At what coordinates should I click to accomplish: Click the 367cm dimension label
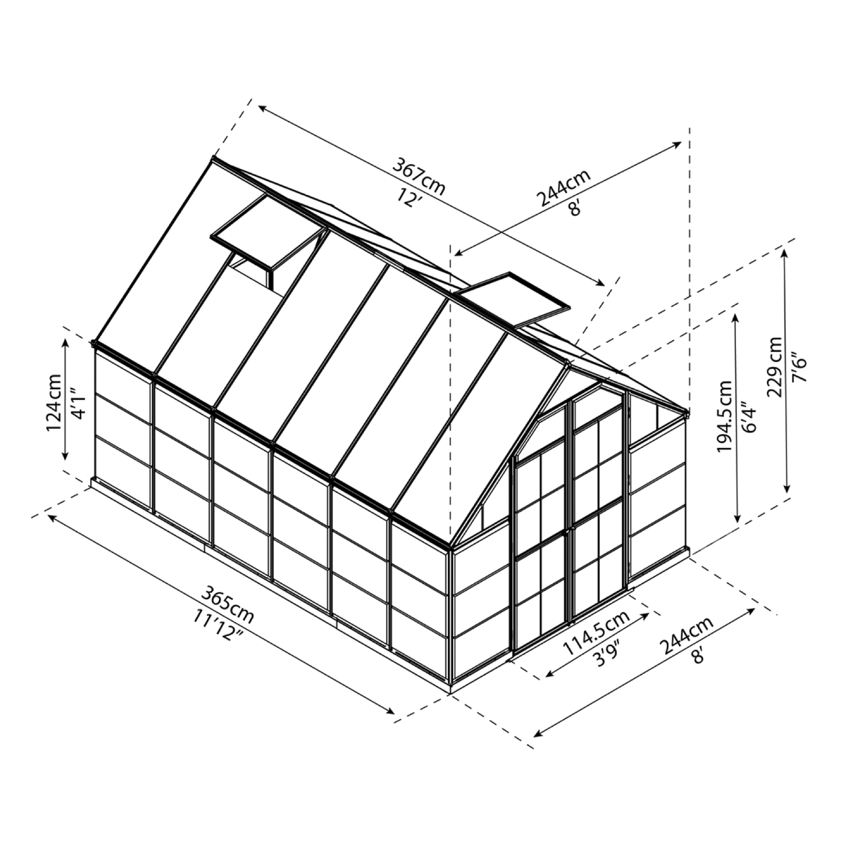[418, 176]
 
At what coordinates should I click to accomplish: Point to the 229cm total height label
[776, 367]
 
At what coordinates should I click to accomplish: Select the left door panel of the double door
[541, 549]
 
